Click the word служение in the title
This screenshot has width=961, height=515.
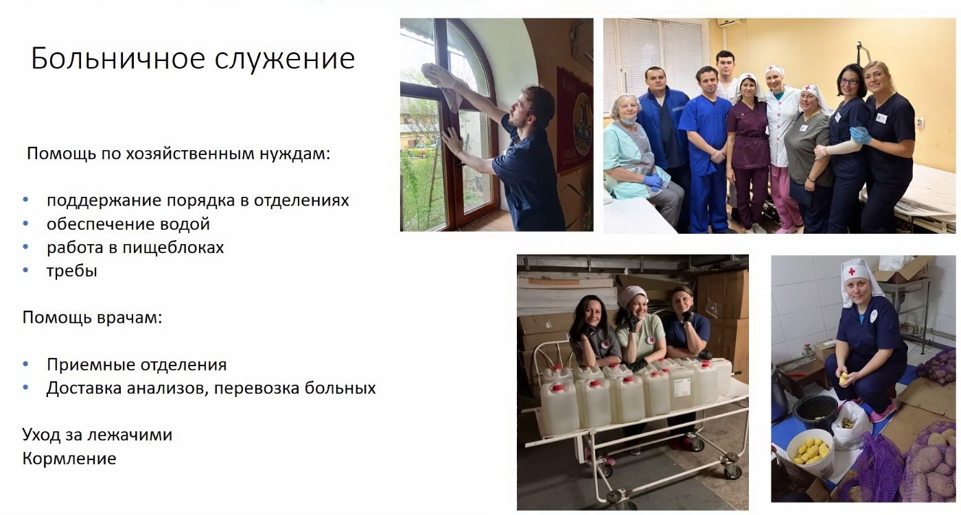(x=285, y=59)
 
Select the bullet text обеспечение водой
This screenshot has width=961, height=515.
(x=128, y=224)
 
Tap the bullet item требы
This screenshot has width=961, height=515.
(x=72, y=271)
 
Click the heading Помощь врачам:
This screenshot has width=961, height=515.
(x=92, y=318)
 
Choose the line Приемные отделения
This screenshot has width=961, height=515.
(x=137, y=365)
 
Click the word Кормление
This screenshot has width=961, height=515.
(x=69, y=459)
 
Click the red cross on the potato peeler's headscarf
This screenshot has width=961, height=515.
(x=852, y=271)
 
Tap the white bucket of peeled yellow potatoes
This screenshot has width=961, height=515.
(x=809, y=453)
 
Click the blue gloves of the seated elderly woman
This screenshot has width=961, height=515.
(x=653, y=182)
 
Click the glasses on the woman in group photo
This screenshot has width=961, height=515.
(x=849, y=82)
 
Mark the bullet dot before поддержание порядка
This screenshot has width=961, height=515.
(x=26, y=200)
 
